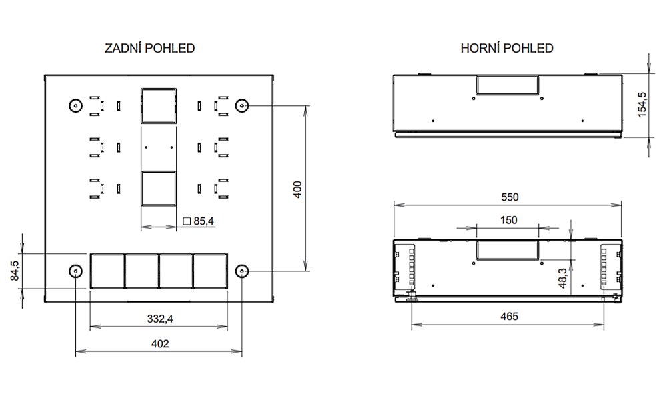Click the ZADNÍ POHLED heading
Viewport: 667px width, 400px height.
point(149,48)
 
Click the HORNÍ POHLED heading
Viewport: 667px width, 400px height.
point(507,48)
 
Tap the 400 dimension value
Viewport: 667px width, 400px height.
point(297,189)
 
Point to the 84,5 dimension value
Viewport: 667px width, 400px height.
point(15,271)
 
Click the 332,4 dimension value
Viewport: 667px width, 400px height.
point(160,319)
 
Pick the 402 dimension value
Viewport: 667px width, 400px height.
point(160,343)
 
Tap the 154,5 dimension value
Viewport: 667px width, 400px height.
point(642,105)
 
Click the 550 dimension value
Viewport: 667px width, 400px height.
point(510,197)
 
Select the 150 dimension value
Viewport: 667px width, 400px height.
point(508,220)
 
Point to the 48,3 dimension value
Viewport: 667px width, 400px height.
point(562,279)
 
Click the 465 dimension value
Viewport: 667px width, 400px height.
point(509,316)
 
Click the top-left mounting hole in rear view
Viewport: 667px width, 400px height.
point(76,105)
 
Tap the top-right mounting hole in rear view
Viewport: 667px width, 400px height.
point(242,105)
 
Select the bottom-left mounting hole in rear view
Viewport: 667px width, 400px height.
point(76,271)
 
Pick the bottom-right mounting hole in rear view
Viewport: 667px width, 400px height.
point(242,271)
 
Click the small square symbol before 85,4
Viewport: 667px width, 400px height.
point(187,221)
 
